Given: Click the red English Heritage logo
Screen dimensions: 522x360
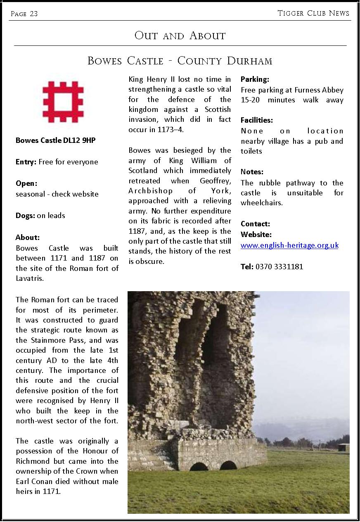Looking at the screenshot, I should coord(63,102).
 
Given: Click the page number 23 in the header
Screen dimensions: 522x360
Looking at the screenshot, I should coord(33,14).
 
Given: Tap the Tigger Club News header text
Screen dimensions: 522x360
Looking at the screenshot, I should coord(313,13).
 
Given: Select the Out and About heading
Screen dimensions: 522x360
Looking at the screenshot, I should coord(180,36).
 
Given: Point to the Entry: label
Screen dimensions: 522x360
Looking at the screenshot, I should coord(26,162).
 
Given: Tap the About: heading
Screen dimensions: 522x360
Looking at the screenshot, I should coord(28,237).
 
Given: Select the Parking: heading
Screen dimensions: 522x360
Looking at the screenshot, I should coord(255,79).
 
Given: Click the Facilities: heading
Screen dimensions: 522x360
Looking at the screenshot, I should coord(257,120).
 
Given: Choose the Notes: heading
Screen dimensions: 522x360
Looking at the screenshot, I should coord(252,172).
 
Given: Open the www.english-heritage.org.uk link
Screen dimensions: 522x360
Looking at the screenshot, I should coord(289,245).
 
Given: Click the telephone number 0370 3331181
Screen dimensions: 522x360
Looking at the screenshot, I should coord(279,267).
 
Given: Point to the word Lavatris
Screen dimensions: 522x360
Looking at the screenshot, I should coord(30,278).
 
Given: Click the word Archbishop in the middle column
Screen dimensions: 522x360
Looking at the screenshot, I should coord(151,191).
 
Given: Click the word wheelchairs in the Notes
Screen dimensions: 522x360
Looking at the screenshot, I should coord(262,203).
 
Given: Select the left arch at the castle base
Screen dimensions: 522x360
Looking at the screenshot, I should coord(199,466).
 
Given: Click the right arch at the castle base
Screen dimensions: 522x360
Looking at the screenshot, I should coord(228,465).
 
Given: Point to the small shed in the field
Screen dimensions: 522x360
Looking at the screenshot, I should coord(343,447).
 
